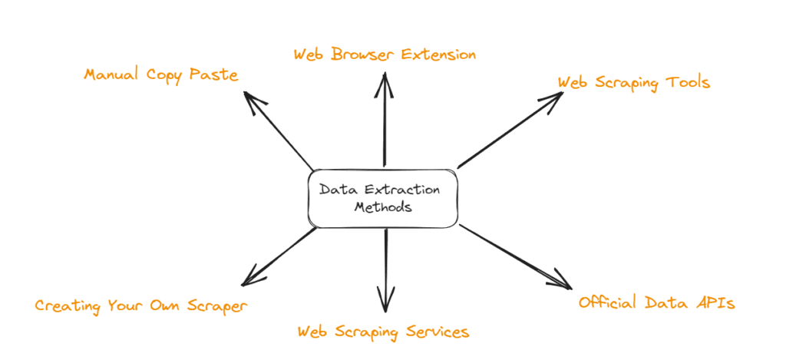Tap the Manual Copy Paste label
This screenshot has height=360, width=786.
161,75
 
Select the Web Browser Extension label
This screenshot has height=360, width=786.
385,54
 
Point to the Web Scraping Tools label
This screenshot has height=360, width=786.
633,82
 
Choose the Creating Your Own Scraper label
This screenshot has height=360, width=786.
141,306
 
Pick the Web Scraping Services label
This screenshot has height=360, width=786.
383,332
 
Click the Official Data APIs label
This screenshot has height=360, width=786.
656,303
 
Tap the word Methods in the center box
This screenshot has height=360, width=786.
384,207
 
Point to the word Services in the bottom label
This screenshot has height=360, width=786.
437,332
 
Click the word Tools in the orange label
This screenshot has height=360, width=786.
688,82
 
